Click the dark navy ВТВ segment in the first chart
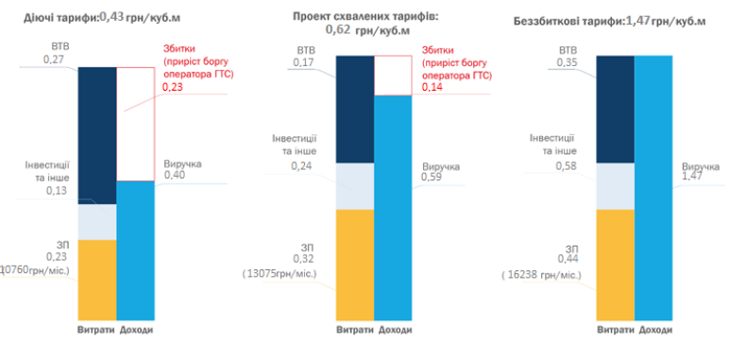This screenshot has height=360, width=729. point(96,132)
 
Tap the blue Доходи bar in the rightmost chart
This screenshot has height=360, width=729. point(654,189)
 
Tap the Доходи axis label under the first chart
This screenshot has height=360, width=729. point(136,330)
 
